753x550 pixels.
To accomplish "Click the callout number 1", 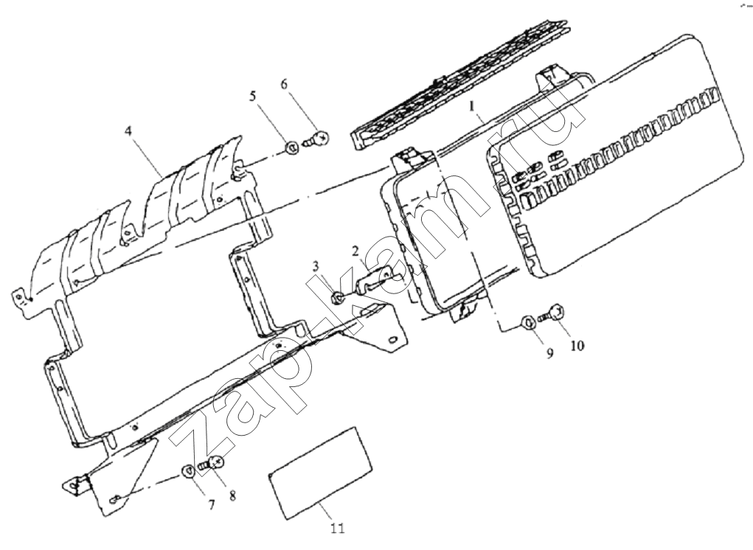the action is pos(473,105).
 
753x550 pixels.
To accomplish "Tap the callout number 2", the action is pos(355,250).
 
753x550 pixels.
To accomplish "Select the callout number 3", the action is pos(316,266).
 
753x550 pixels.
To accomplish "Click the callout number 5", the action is pos(253,96).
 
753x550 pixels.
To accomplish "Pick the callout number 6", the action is pos(284,85).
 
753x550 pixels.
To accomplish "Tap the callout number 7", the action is pos(211,504).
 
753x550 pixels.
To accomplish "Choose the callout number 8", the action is pos(232,495).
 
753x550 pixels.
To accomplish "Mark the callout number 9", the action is pos(549,354).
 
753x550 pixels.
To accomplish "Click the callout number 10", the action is pos(577,345).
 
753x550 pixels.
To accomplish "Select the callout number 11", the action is pos(337,529).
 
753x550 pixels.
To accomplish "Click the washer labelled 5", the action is pos(291,147).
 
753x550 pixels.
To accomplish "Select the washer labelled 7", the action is pos(188,472).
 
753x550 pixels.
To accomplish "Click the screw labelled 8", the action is pos(212,463).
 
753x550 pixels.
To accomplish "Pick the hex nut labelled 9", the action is pos(527,322).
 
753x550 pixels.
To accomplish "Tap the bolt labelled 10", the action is pos(552,313).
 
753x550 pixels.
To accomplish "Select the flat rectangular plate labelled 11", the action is pos(320,473).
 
